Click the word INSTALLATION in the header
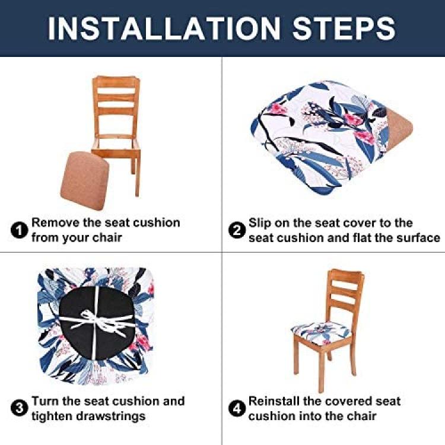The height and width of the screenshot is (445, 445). (164, 28)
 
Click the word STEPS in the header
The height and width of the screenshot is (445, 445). (344, 28)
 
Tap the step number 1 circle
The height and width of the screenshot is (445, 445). (19, 230)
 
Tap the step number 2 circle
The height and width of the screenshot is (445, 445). (237, 230)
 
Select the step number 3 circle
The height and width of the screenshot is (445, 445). (19, 409)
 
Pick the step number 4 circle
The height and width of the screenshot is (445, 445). (237, 409)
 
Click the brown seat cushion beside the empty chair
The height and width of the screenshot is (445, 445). (85, 181)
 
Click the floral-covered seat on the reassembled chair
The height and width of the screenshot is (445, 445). (322, 332)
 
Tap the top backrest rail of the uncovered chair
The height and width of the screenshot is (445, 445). (116, 81)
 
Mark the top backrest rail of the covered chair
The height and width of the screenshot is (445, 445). (346, 275)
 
